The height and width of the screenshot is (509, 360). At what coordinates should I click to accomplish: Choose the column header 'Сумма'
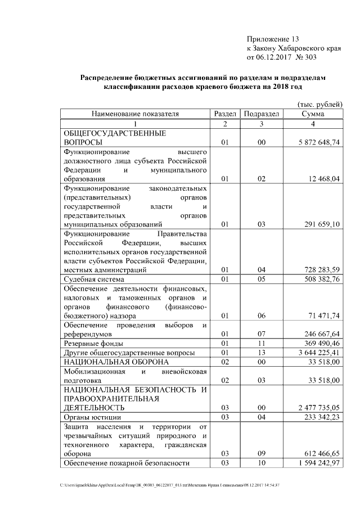coord(312,114)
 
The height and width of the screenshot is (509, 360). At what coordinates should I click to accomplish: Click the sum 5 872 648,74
coord(319,143)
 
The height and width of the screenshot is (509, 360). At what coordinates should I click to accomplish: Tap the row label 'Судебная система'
coord(94,279)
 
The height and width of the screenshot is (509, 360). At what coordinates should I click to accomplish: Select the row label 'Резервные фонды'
coord(93,343)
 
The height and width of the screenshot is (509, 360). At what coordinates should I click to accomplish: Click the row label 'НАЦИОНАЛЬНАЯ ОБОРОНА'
coord(116,362)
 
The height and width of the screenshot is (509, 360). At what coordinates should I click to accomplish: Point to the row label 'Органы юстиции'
coord(92,417)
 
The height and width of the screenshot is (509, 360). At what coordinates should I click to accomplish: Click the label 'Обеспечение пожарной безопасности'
coord(127,463)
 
